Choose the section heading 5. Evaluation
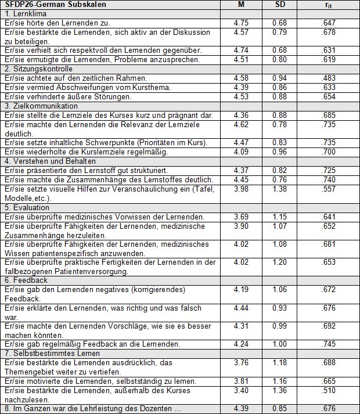(x=25, y=208)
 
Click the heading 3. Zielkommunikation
(x=37, y=106)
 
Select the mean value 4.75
(x=241, y=22)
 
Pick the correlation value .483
(x=329, y=78)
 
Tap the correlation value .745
(x=329, y=343)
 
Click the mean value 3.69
(x=241, y=217)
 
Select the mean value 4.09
(x=241, y=152)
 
